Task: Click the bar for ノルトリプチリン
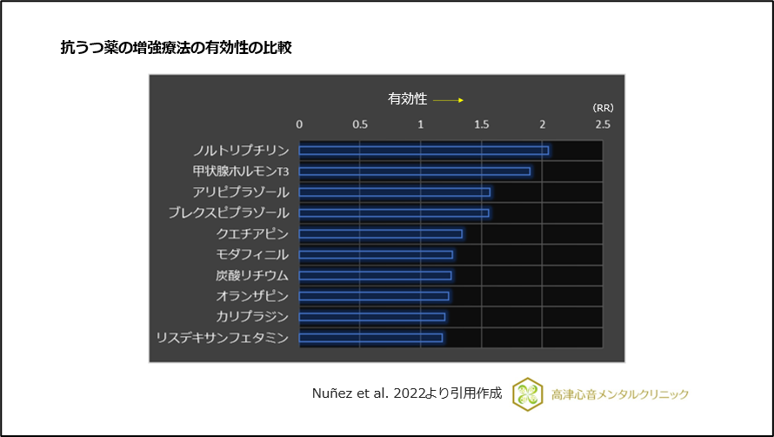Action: point(424,151)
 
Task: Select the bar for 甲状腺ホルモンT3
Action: point(415,171)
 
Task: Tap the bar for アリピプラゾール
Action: point(395,192)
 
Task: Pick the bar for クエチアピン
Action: point(381,234)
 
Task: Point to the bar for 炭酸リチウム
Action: point(376,276)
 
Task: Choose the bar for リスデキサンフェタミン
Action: point(370,338)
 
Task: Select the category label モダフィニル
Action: point(252,255)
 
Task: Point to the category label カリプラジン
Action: point(252,317)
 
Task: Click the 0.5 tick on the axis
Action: point(360,124)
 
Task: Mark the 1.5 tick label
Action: point(481,124)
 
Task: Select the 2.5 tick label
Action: point(602,124)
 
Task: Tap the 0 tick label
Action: point(300,124)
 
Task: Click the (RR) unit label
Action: point(603,108)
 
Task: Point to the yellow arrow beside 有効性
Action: point(449,100)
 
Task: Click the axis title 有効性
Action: point(407,99)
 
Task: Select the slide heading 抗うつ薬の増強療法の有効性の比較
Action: point(175,47)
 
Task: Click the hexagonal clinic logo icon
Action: point(527,393)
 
